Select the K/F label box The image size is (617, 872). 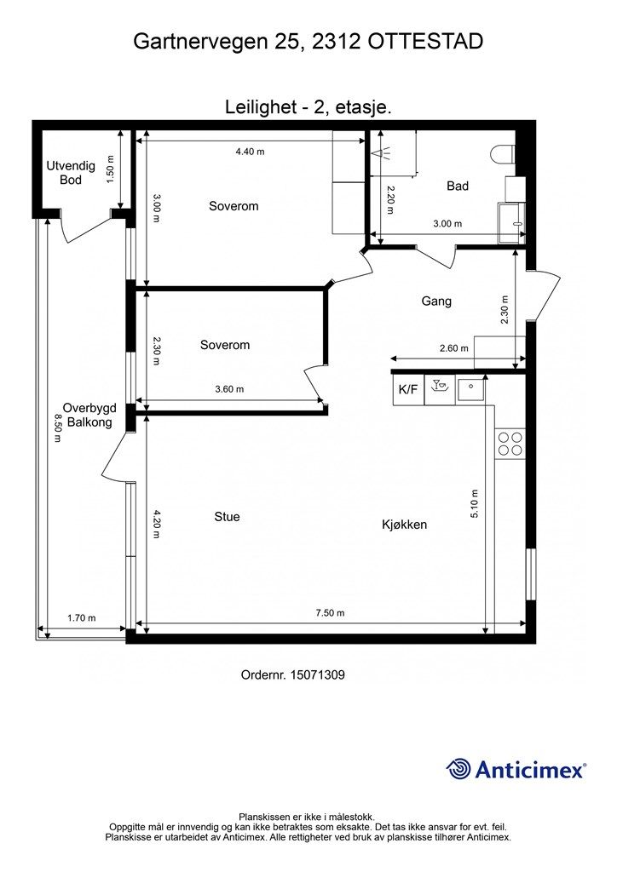point(408,389)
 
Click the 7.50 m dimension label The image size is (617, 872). point(330,613)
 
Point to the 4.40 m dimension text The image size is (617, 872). point(250,152)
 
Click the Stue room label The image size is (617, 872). point(227,517)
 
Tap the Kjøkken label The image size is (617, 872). point(405,525)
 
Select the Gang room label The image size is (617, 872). point(436,301)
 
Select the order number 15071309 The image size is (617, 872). point(318,675)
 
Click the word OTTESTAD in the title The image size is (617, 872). point(425,42)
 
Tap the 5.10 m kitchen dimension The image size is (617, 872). point(474,504)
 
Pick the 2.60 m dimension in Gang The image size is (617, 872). point(453,348)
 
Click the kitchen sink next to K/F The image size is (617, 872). point(470,389)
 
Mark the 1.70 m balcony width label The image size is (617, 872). point(81,618)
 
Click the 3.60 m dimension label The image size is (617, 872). point(229,389)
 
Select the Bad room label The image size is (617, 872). point(458,186)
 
